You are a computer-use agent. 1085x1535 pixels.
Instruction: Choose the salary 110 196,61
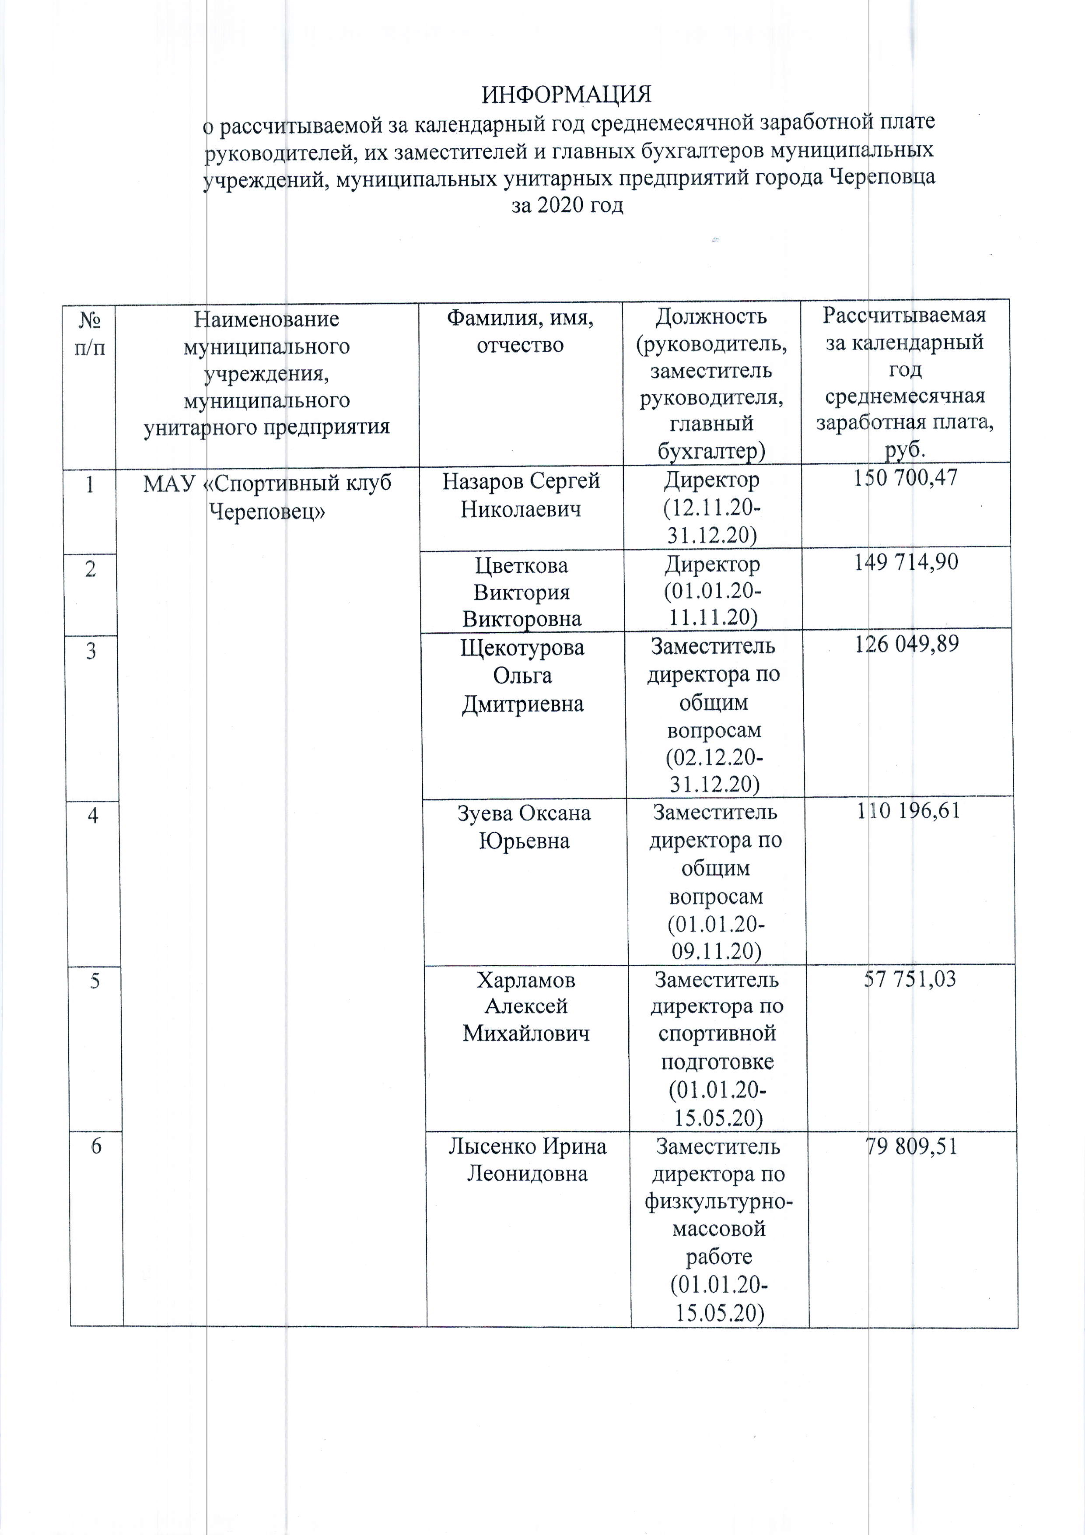[908, 811]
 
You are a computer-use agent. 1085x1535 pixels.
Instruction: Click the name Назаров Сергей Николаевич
[521, 495]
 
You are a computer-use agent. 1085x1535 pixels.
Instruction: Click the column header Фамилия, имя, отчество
[520, 330]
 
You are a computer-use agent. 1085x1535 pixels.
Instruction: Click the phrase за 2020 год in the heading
[567, 205]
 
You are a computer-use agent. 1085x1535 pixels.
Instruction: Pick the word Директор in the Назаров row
[711, 480]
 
